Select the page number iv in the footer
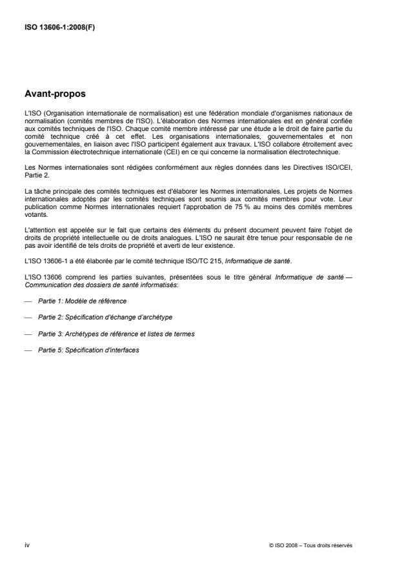coord(26,545)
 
